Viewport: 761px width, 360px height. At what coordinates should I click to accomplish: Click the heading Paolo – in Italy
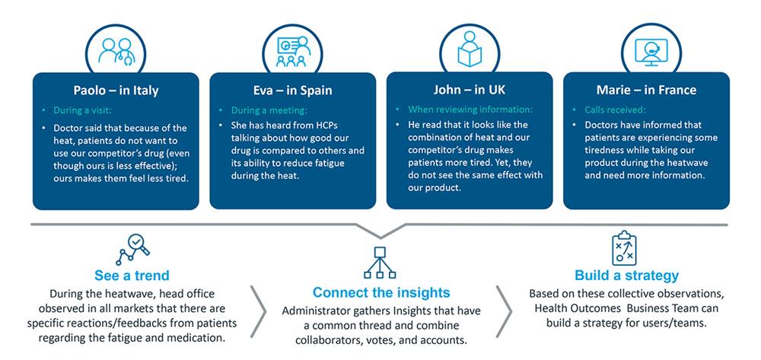pos(116,91)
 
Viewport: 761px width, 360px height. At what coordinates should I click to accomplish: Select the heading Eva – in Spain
pos(292,91)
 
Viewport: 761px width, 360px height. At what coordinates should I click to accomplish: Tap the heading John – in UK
pos(470,90)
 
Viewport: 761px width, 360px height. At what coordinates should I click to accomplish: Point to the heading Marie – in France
pos(646,91)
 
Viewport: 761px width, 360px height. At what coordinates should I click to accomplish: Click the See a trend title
pos(132,276)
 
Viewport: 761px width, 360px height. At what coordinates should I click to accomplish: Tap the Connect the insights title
pos(381,292)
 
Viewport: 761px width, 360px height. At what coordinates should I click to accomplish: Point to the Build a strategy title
pos(626,276)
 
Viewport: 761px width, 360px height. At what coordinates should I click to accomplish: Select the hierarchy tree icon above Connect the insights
pos(381,263)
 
